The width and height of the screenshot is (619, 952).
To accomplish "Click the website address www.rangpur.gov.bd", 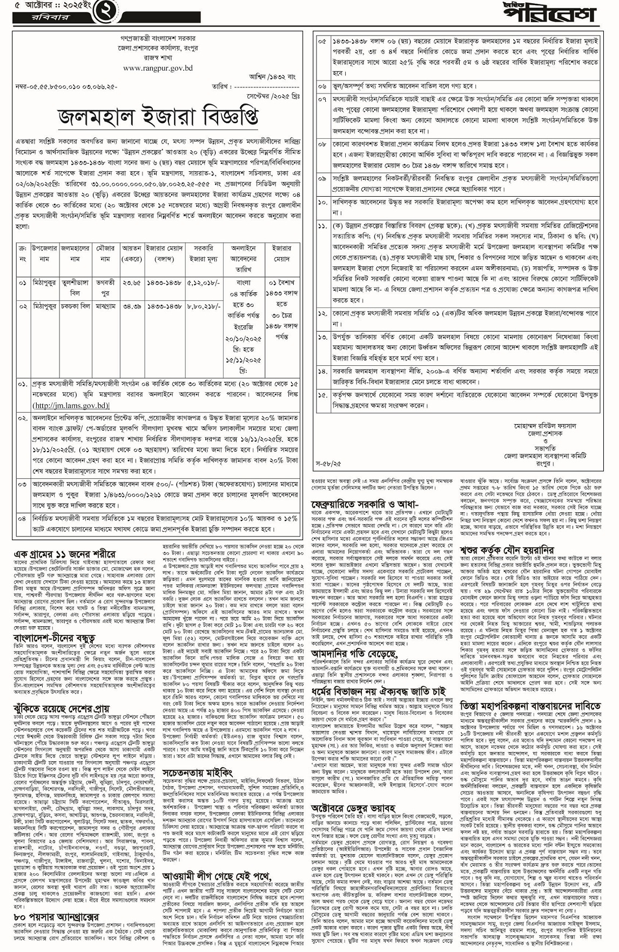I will pos(158,69).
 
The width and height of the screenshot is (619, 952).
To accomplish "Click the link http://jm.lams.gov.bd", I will pos(71,405).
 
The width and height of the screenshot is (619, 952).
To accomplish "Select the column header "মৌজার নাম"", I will pos(106,253).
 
